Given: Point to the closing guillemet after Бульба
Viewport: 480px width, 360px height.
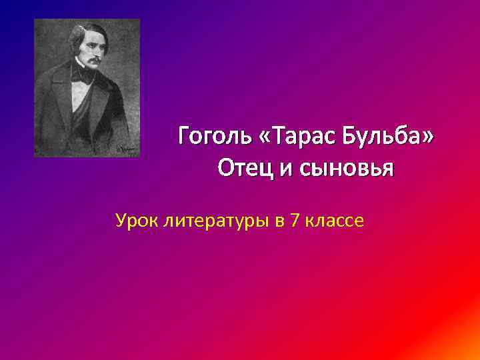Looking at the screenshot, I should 427,139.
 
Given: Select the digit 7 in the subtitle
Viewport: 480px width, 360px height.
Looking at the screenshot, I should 294,220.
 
